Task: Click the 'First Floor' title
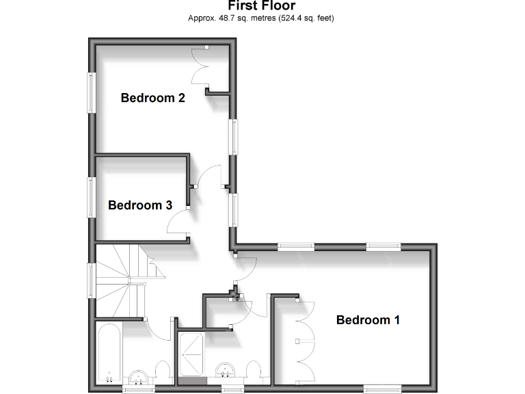click(262, 6)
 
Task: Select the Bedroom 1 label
click(368, 319)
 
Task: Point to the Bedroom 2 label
click(152, 98)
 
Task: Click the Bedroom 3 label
click(139, 205)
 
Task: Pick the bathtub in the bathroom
click(110, 354)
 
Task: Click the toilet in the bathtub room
click(164, 371)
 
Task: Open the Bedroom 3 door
click(179, 224)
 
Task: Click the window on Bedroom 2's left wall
click(90, 92)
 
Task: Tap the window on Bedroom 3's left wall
click(90, 198)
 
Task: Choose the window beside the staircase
click(90, 280)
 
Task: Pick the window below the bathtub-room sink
click(142, 389)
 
